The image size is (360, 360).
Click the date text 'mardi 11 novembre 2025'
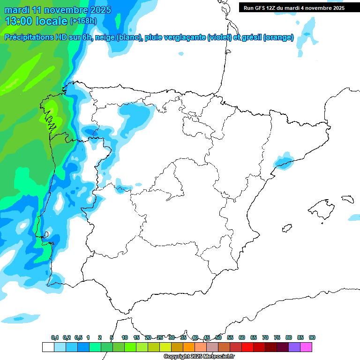(58, 10)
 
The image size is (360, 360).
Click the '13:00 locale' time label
(35, 21)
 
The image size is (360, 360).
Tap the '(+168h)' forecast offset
(83, 21)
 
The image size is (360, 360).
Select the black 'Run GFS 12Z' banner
(294, 8)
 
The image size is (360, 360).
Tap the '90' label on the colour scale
(312, 337)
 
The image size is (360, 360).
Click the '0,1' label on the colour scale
(55, 337)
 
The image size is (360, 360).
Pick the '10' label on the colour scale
(125, 337)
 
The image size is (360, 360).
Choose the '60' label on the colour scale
(242, 337)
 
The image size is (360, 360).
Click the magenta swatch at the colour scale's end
(306, 347)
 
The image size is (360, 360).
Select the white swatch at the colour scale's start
(48, 347)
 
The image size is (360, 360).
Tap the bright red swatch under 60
(247, 347)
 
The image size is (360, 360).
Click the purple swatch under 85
(294, 347)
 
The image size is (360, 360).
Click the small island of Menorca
(348, 199)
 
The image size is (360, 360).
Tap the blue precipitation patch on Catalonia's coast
(283, 162)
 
